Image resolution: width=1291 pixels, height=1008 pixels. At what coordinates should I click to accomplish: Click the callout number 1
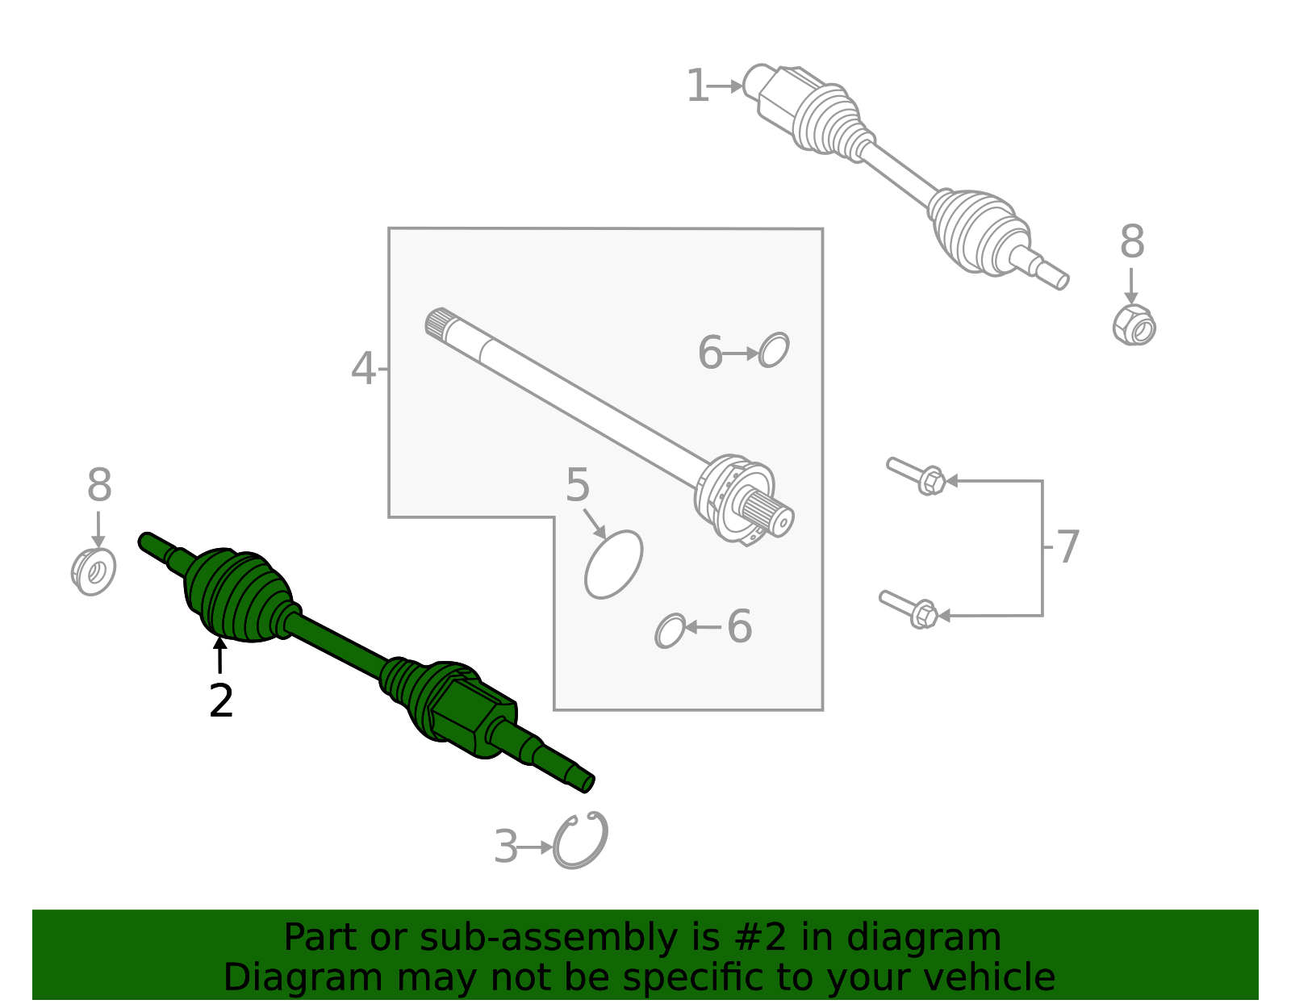coord(696,86)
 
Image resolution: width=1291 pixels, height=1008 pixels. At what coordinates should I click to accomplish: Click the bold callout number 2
coord(220,701)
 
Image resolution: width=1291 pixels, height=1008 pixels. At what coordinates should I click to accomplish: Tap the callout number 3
coord(505,847)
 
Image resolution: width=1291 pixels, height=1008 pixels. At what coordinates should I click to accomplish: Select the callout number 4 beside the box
coord(363,369)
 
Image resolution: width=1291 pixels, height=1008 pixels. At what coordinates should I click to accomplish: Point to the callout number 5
coord(578,486)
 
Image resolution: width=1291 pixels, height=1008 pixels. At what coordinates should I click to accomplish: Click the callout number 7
coord(1067,547)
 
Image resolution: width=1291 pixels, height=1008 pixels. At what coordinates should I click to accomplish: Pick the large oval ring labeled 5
coord(614,564)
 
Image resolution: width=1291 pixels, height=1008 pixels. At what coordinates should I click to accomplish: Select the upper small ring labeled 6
coord(774,350)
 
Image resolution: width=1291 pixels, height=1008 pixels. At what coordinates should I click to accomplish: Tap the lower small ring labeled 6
coord(670,630)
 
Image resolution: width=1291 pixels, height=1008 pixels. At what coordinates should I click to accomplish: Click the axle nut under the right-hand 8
coord(1134,325)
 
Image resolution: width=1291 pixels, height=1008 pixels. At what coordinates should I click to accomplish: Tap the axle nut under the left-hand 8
coord(94,572)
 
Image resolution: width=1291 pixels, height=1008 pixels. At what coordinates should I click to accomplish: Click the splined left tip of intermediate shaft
coord(437,322)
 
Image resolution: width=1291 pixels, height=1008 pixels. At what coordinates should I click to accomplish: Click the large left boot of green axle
coord(238,596)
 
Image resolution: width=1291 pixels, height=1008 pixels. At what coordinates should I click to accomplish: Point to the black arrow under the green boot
coord(219,655)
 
